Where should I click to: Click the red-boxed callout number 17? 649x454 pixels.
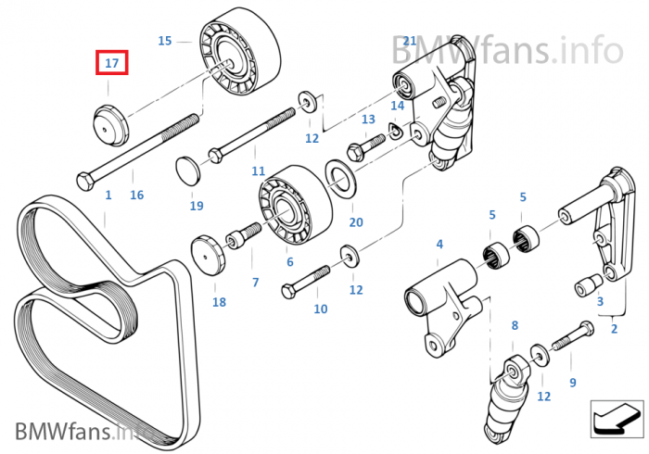tap(111, 64)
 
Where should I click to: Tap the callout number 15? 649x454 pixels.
tap(165, 41)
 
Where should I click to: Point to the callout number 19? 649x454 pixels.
tap(196, 206)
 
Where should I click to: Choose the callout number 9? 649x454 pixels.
tap(572, 382)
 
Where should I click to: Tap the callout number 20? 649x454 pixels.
tap(356, 222)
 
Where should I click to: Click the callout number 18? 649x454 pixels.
tap(219, 302)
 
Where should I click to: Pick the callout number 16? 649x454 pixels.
tap(136, 195)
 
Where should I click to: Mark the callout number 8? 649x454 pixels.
tap(515, 325)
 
